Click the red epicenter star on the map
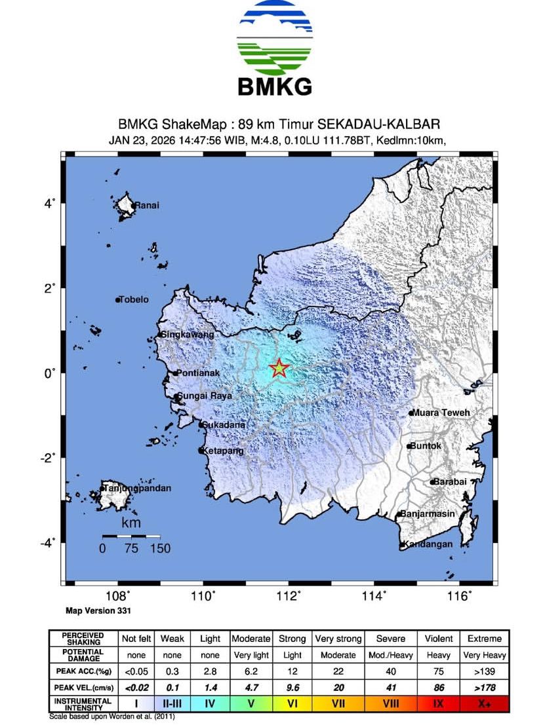point(279,369)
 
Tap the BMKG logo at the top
point(275,49)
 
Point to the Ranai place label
point(146,206)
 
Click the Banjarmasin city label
point(427,514)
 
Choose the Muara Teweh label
point(439,413)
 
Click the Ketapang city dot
point(201,451)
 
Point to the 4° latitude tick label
point(49,204)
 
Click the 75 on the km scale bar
point(132,548)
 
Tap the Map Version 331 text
point(99,610)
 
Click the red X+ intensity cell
point(485,704)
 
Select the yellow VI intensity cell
point(292,704)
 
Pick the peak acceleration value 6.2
point(251,671)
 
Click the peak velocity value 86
point(439,688)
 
